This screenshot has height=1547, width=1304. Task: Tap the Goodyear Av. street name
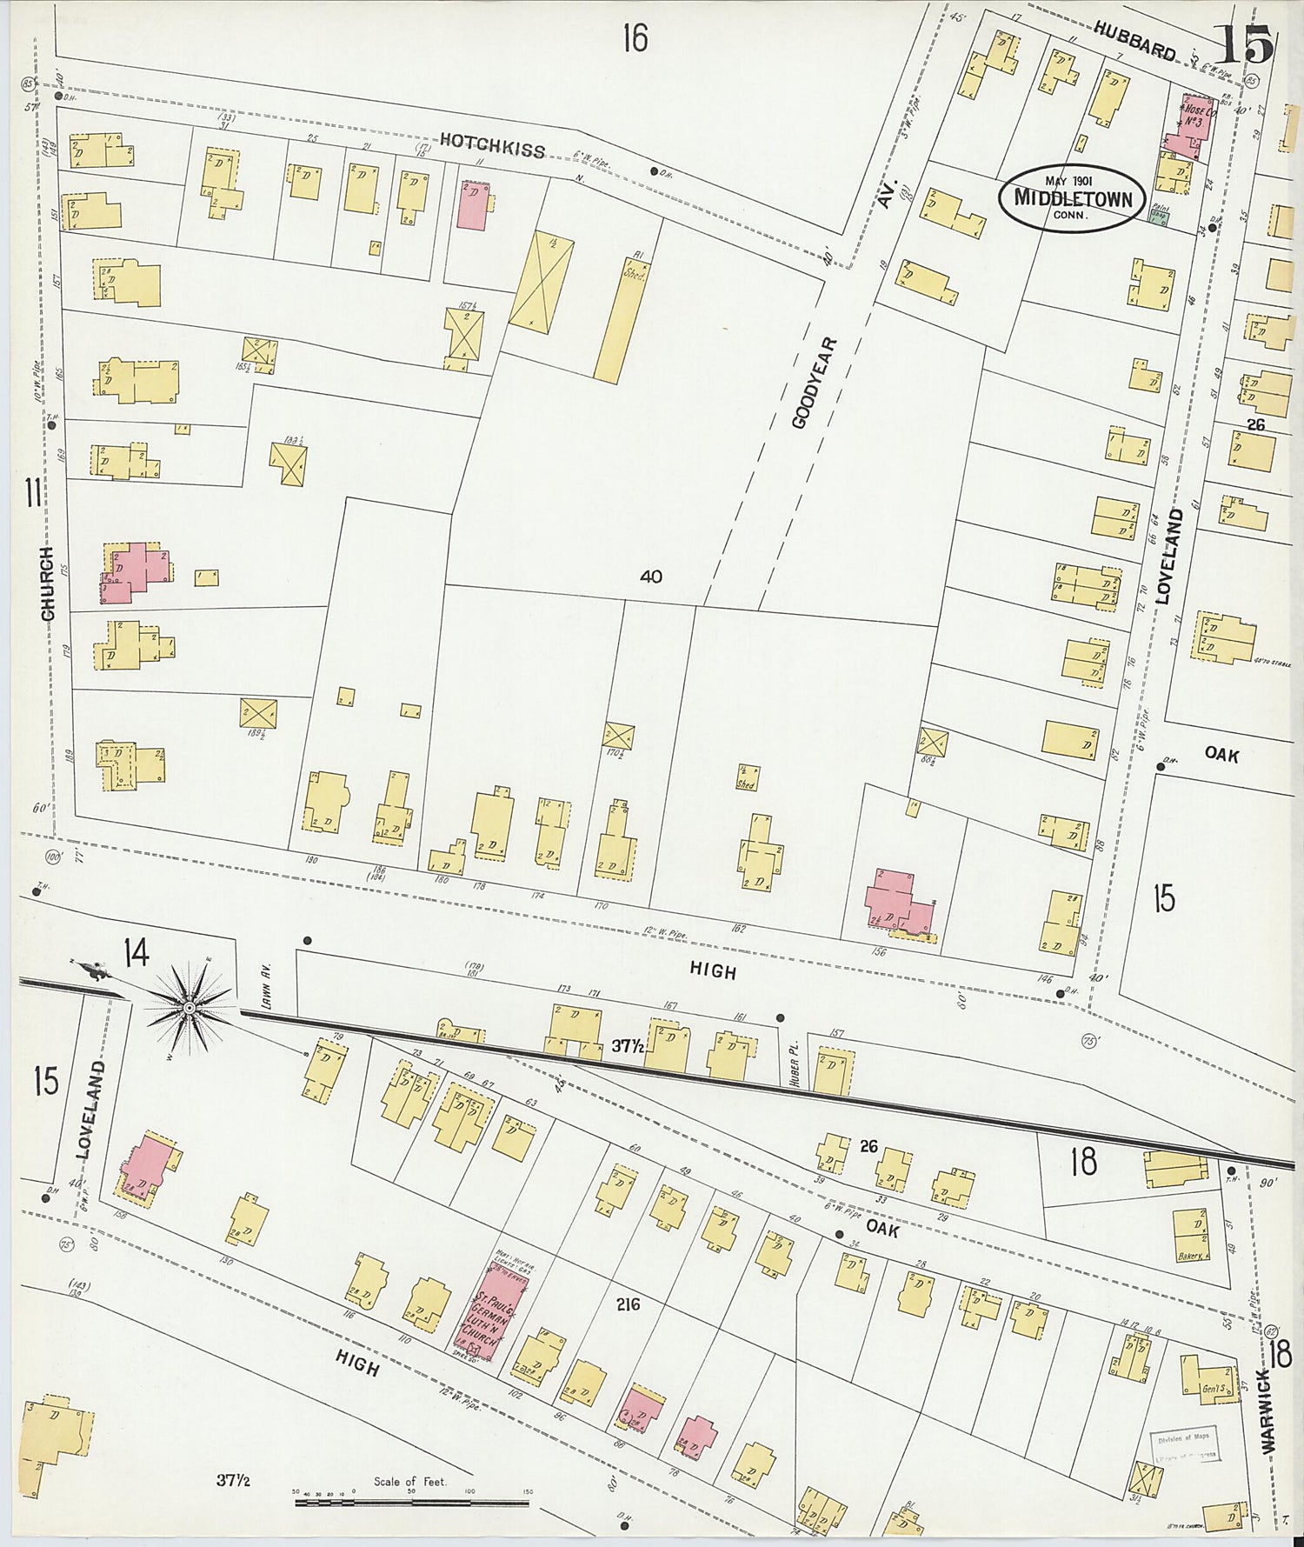click(x=815, y=383)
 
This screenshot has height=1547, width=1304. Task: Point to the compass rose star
click(x=188, y=1007)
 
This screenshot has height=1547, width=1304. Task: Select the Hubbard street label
click(x=1134, y=41)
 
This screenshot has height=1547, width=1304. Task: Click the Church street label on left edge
click(x=47, y=583)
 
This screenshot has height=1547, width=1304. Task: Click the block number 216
click(x=628, y=1304)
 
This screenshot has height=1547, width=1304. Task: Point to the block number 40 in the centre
click(x=649, y=577)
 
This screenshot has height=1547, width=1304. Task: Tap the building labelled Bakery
click(x=1190, y=1235)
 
